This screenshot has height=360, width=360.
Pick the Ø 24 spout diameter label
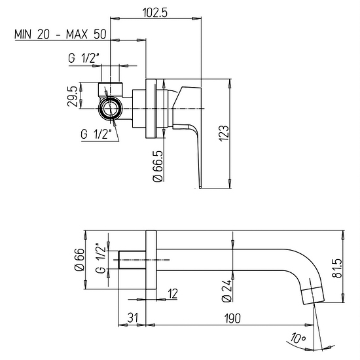pyautogui.click(x=226, y=289)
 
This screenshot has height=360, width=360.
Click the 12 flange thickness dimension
pyautogui.click(x=172, y=293)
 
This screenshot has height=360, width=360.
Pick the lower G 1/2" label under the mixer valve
pyautogui.click(x=96, y=134)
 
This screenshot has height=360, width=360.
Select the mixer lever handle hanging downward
pyautogui.click(x=196, y=147)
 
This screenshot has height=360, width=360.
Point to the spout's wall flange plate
pyautogui.click(x=150, y=261)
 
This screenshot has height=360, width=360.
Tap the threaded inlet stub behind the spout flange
pyautogui.click(x=132, y=261)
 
